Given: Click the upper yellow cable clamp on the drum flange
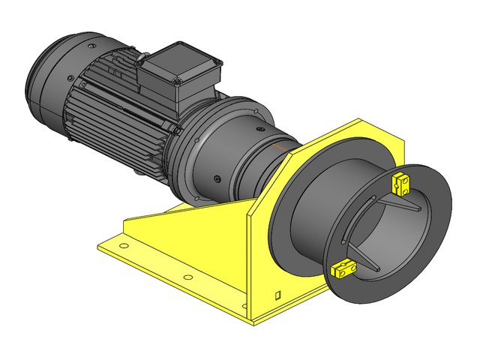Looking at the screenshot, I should point(401,182).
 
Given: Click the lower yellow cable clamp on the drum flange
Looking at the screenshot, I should point(343,267).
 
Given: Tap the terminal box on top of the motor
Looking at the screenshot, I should point(180,75).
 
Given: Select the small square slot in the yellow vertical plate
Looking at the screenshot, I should point(277,293).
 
